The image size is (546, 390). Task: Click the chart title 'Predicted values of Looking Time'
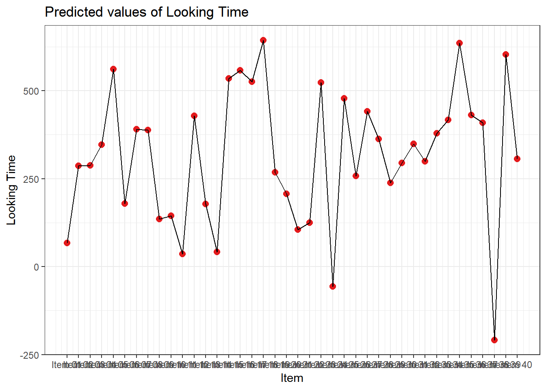(146, 12)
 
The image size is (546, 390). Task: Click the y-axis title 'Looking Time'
(11, 190)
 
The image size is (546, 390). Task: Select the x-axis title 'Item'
(292, 378)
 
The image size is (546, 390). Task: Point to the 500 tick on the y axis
(31, 91)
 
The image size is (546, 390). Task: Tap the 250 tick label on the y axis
(31, 179)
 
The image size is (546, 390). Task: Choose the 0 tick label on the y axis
(37, 267)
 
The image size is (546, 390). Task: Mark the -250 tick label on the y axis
(30, 355)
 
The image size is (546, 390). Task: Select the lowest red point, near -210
(494, 340)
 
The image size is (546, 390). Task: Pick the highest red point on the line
(263, 40)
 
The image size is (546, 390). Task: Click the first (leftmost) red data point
(67, 243)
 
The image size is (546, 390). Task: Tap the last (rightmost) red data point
(517, 159)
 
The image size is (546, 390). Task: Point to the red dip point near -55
(333, 286)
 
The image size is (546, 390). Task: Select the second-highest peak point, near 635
(459, 43)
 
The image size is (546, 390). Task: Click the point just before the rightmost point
(506, 54)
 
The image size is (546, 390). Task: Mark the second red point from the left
(78, 166)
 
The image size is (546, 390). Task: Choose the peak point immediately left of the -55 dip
(321, 82)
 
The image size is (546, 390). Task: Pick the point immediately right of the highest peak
(275, 172)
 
